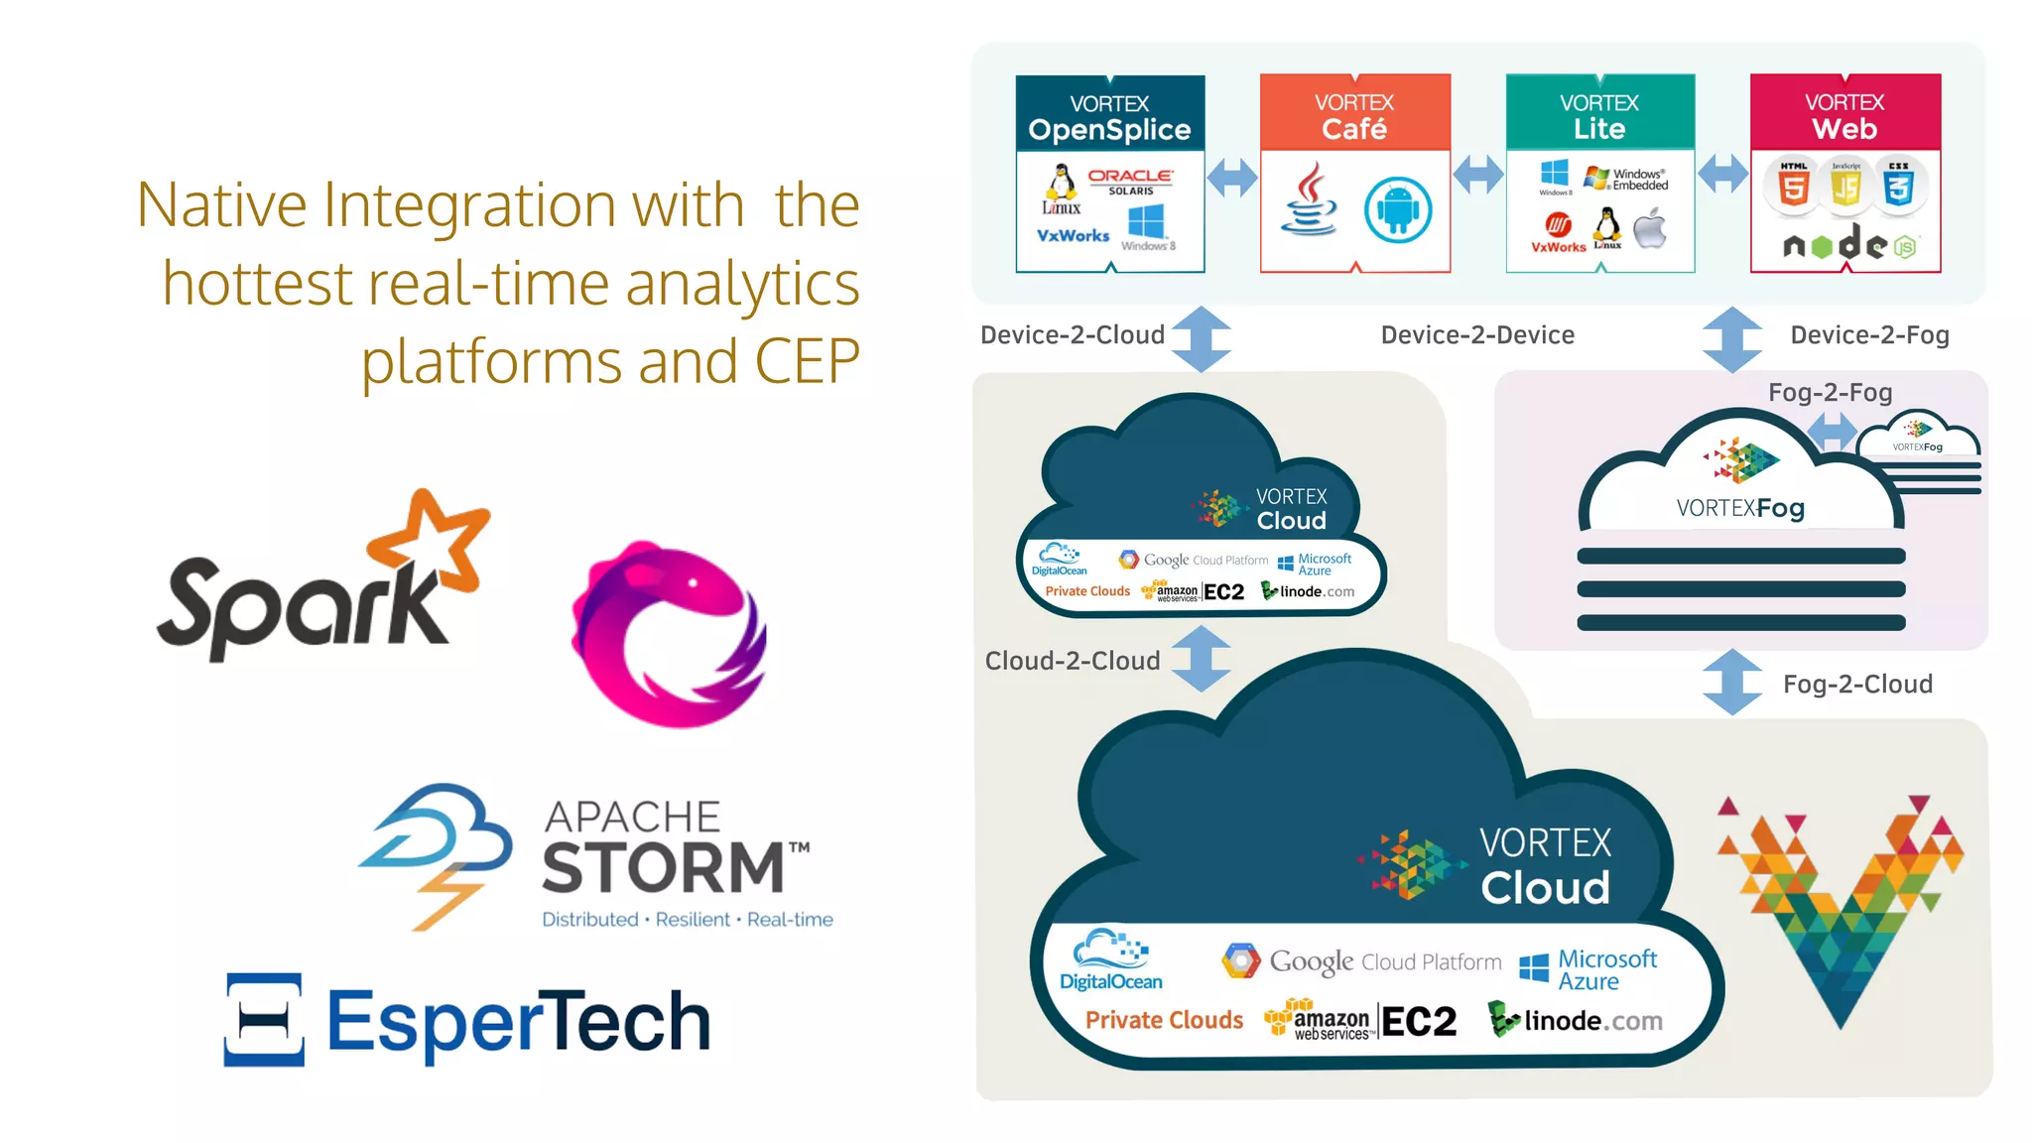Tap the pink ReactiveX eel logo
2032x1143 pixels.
(667, 635)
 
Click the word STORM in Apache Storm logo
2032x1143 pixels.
(663, 867)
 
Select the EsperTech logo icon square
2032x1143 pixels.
(264, 1020)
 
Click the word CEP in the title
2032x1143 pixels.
(807, 361)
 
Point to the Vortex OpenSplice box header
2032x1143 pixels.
(1109, 114)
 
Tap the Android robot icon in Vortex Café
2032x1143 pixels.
(1397, 210)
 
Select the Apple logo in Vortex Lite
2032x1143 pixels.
(1650, 229)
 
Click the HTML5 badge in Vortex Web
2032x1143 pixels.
(1793, 185)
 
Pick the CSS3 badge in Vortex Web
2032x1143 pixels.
(1898, 185)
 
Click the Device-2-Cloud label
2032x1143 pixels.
(1072, 335)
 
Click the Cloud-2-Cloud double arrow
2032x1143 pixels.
(1201, 659)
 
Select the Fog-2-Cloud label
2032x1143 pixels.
(1856, 685)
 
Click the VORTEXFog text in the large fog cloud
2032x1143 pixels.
(1739, 509)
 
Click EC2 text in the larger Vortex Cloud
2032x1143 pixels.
(1418, 1022)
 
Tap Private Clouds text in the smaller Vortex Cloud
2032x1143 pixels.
(1087, 591)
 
